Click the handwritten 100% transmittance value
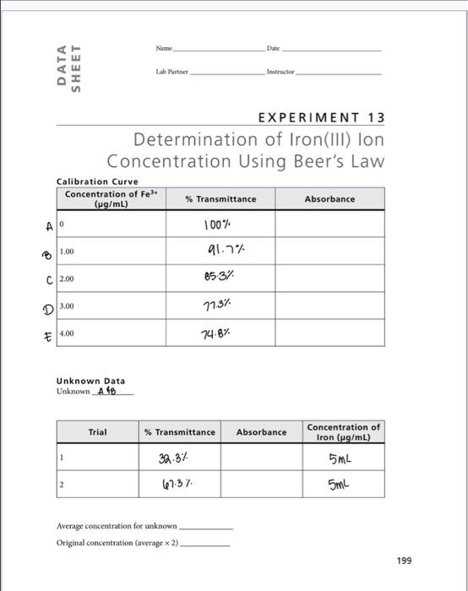tap(218, 225)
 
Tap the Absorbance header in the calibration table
tap(329, 199)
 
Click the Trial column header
tap(98, 432)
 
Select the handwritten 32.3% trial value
tap(177, 460)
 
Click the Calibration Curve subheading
tap(97, 182)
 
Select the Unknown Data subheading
tap(90, 382)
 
